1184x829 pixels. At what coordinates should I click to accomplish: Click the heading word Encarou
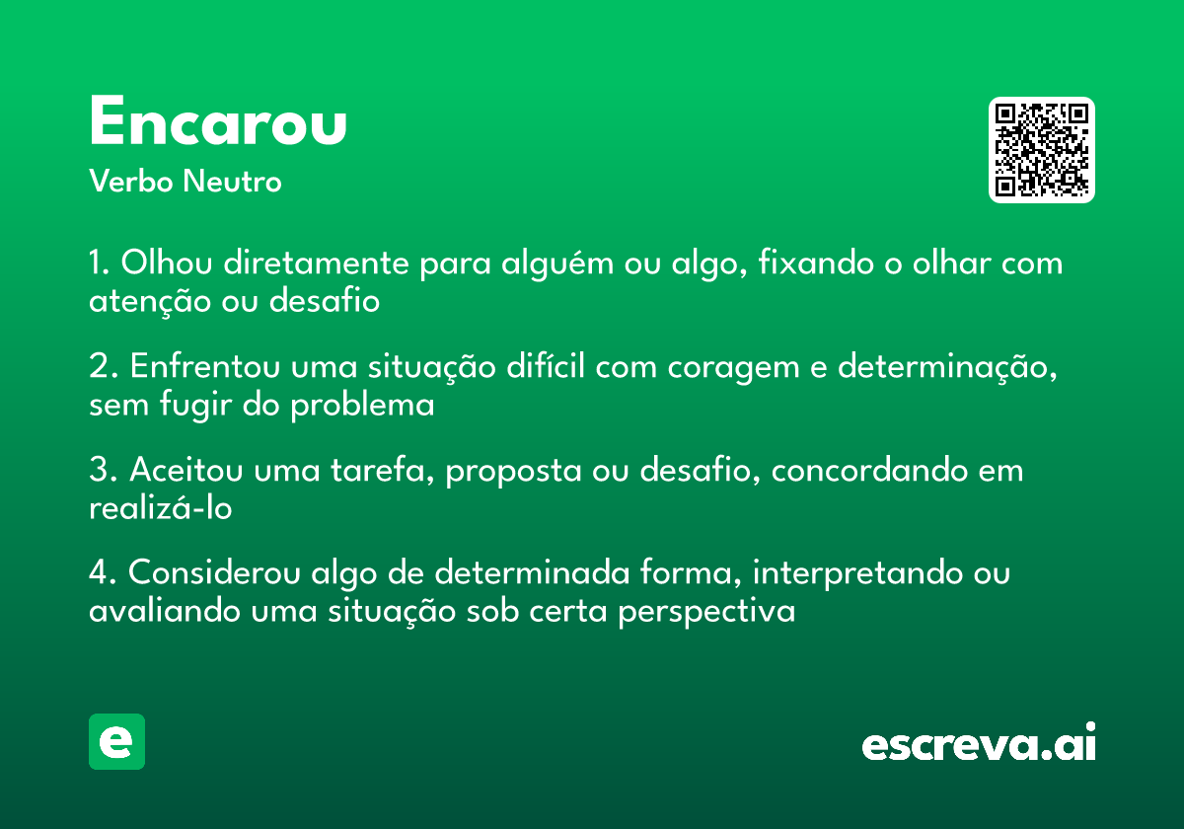coord(218,123)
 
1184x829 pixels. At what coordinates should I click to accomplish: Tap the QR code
coord(1042,150)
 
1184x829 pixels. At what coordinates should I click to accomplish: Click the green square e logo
coord(116,741)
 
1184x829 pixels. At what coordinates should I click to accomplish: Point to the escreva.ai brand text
coord(979,743)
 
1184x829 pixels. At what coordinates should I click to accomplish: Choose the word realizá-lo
coord(160,508)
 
